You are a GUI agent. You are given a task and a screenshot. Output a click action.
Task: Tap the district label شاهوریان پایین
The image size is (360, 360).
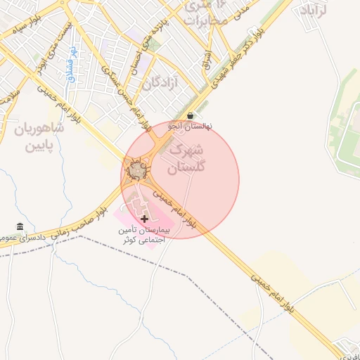(x=39, y=137)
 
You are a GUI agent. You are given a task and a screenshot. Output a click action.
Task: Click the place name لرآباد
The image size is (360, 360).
(x=315, y=11)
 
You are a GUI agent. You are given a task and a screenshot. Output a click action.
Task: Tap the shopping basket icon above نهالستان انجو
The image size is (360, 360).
(x=191, y=115)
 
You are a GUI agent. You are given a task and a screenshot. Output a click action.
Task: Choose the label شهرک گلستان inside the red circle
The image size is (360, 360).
(x=186, y=158)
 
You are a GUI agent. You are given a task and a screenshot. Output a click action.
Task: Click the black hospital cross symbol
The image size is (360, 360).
(x=145, y=219)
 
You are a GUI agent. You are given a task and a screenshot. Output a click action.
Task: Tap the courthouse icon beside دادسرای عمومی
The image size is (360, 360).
(x=20, y=226)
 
